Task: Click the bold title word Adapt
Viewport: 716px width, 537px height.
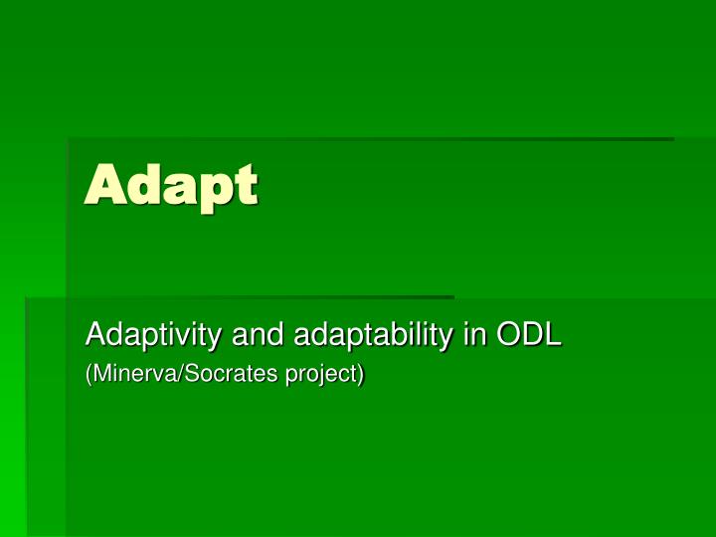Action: point(171,186)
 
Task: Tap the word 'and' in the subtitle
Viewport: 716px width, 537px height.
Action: point(258,335)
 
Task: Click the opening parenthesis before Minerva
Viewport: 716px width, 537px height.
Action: point(89,376)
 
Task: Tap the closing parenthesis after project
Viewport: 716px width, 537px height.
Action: point(361,376)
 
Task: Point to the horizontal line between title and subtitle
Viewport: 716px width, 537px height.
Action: point(239,296)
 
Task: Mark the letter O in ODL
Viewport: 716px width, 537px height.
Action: point(506,335)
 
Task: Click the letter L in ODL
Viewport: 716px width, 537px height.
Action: point(553,335)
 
